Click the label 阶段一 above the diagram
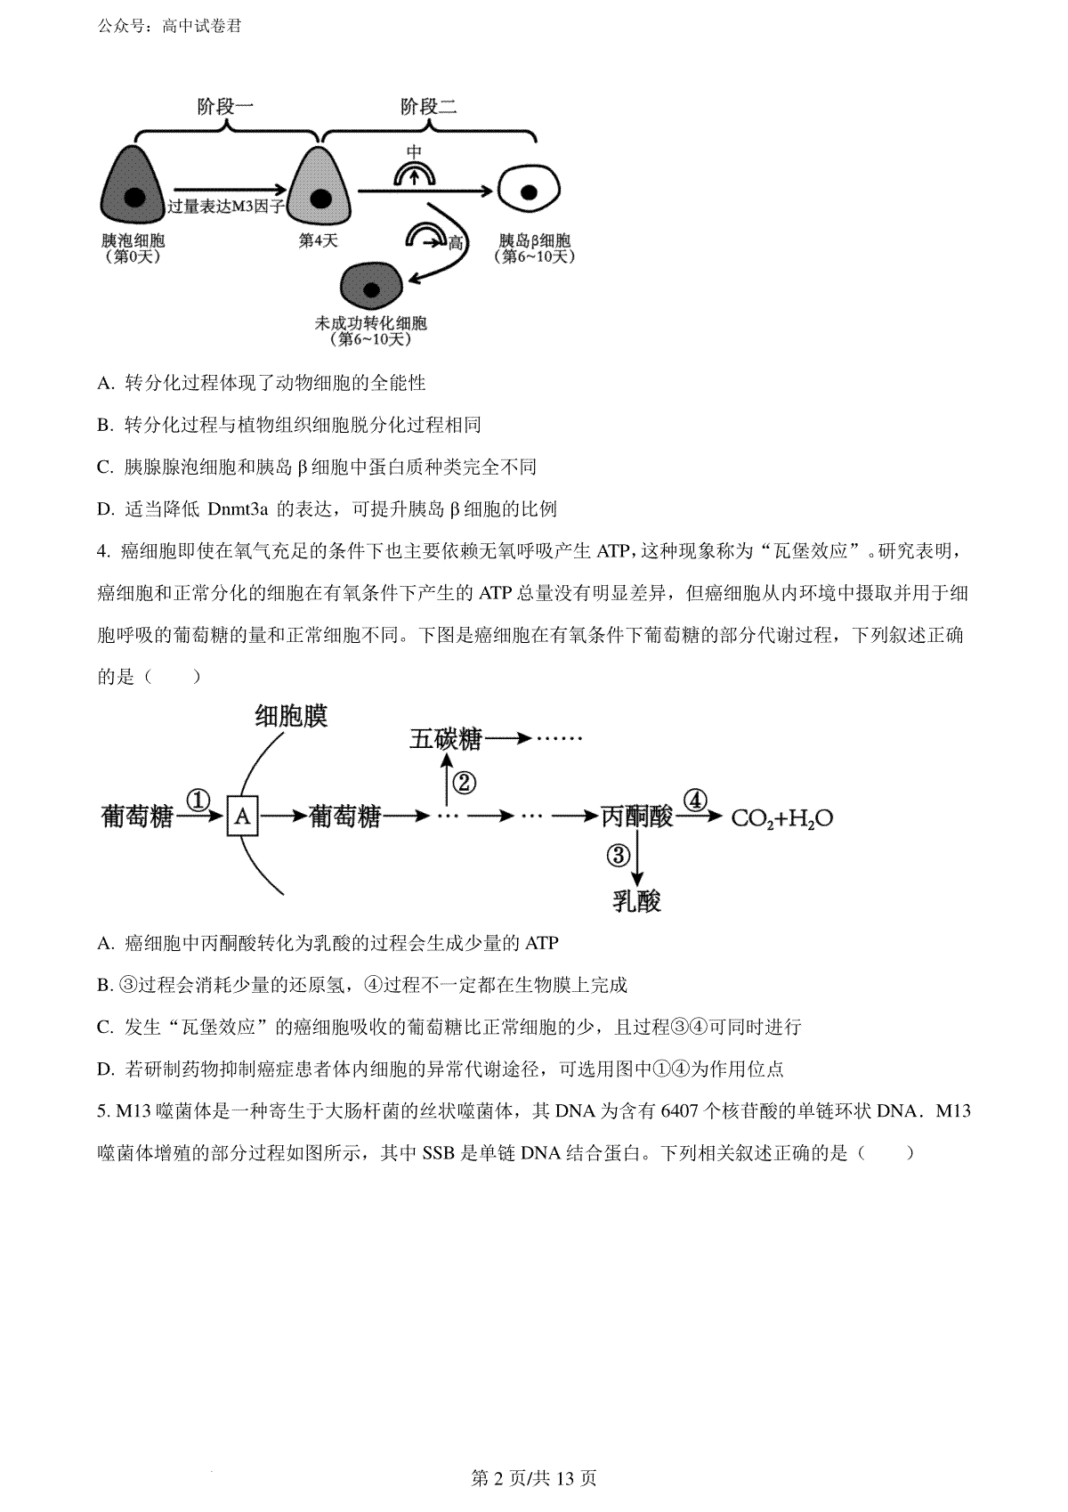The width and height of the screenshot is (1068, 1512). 225,107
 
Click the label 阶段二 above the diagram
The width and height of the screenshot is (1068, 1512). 428,107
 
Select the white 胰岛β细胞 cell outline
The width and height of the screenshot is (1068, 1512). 529,191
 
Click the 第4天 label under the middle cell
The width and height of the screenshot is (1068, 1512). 318,240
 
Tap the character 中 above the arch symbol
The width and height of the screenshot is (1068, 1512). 414,152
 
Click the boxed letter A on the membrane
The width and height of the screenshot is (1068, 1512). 242,817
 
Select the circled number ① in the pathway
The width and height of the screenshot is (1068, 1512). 198,801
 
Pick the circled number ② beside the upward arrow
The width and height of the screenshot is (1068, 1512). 465,783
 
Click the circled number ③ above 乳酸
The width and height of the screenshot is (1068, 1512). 618,855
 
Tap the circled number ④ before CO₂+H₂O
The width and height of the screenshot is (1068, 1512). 696,801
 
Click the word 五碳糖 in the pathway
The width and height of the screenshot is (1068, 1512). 445,739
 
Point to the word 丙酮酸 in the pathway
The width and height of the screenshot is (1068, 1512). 637,817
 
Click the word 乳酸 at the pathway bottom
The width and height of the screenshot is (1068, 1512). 636,900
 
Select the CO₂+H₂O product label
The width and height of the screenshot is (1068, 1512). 782,818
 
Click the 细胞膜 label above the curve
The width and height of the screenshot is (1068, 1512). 291,716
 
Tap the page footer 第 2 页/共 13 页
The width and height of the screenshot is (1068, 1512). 534,1478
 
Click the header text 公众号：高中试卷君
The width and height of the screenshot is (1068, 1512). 169,27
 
